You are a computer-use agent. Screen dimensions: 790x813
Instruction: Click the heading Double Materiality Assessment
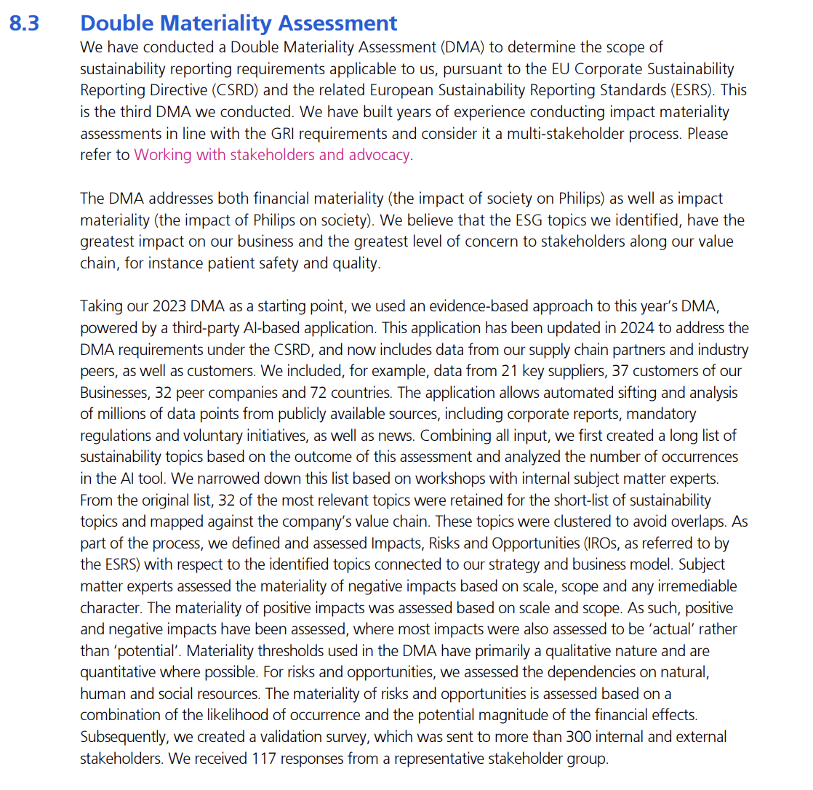(239, 23)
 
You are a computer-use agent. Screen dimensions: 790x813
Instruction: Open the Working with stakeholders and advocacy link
(272, 154)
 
